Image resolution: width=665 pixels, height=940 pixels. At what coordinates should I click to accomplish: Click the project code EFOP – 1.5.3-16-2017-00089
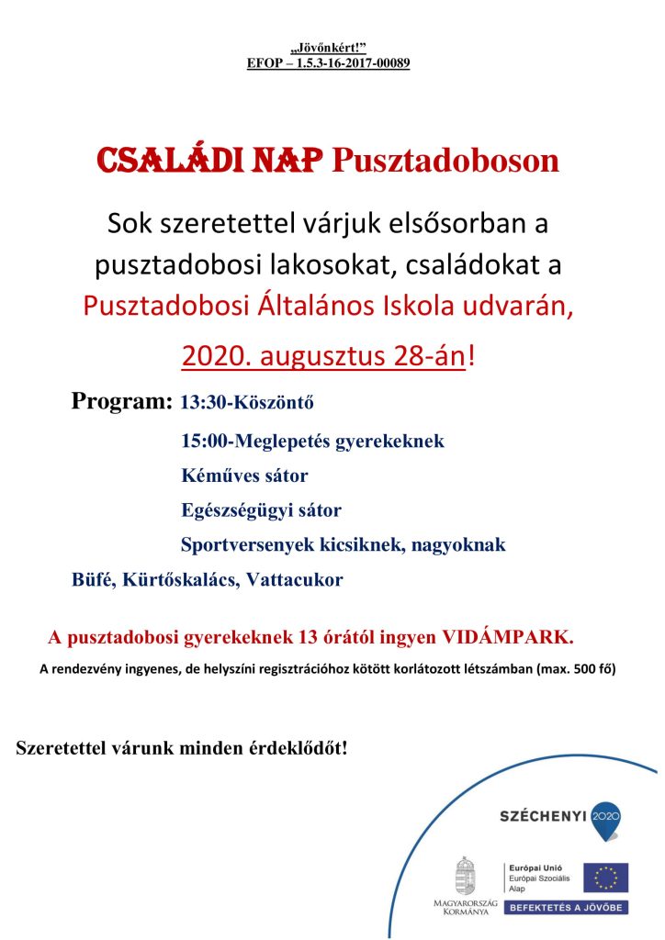328,63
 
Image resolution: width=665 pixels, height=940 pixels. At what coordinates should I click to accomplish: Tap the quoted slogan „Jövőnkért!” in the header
328,48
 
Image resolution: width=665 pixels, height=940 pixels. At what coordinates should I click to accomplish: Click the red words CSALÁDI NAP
209,162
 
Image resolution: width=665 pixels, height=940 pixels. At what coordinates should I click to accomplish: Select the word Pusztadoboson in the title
445,162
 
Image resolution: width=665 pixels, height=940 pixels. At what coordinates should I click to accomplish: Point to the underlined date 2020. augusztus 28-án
324,356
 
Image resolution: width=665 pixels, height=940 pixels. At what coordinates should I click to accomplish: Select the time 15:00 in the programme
203,442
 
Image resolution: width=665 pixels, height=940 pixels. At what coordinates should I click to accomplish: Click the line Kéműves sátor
244,476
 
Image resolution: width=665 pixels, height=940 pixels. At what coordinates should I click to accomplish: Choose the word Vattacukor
296,580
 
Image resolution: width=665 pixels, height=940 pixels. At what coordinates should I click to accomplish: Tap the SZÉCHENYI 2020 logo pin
605,819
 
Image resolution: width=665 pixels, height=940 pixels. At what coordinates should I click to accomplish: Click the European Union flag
605,877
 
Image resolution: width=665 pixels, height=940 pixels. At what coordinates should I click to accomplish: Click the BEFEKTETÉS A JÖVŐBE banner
566,907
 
